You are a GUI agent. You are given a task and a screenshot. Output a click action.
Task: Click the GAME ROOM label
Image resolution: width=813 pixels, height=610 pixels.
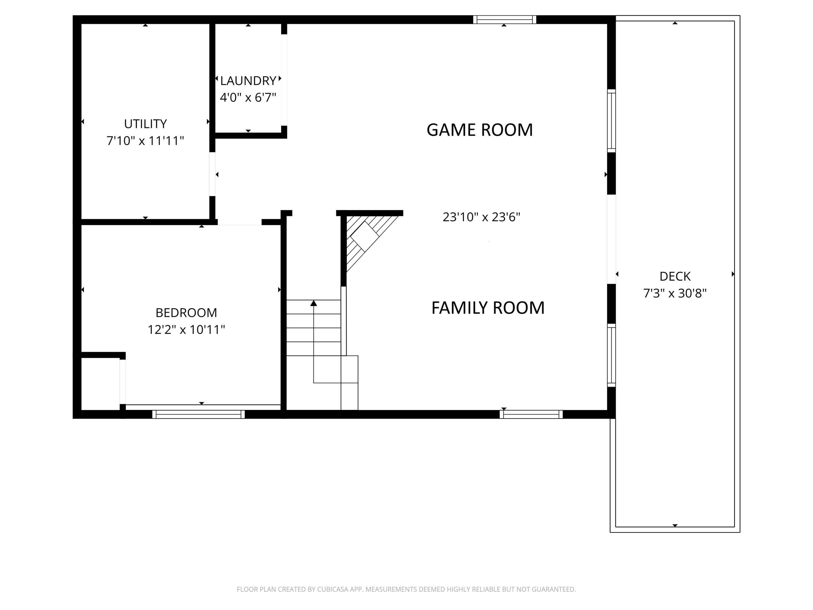click(479, 130)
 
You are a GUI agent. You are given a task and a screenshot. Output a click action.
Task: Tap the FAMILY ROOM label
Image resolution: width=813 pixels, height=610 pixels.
click(488, 308)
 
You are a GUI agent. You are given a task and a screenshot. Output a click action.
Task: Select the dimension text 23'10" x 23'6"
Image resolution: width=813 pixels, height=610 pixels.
click(481, 217)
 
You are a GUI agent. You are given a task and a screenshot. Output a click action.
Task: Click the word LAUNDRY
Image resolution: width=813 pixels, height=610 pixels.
click(248, 81)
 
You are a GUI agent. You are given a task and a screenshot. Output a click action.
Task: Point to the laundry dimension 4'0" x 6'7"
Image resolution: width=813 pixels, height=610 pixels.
click(248, 97)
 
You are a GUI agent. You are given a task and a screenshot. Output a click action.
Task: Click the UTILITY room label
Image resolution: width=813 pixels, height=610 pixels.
click(145, 124)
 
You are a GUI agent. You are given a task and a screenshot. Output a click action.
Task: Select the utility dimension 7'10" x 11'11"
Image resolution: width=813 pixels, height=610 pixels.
click(145, 141)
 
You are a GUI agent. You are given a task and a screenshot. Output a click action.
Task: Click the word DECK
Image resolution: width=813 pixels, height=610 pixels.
click(675, 276)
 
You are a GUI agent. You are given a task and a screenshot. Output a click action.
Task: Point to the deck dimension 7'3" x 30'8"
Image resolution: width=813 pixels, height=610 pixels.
click(675, 293)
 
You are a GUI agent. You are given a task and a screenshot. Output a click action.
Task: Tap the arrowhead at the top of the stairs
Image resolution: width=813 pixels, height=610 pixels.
click(314, 303)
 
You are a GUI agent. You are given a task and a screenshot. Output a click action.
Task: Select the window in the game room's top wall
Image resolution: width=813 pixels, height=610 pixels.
click(504, 20)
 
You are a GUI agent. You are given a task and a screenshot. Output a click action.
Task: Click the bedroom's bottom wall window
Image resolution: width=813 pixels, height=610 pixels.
click(198, 414)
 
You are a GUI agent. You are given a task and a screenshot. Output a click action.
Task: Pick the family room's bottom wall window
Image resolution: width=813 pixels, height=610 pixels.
click(531, 414)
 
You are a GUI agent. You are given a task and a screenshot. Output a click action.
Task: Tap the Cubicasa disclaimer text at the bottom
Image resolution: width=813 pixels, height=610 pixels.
click(406, 589)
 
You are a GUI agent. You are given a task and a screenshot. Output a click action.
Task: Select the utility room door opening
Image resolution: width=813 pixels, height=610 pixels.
click(212, 174)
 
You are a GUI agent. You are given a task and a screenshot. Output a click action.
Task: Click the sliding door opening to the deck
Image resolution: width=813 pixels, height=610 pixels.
click(611, 239)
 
